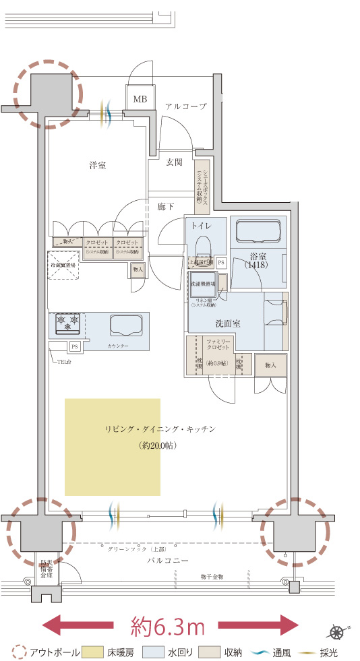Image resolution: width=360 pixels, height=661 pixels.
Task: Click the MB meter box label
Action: tap(140, 99)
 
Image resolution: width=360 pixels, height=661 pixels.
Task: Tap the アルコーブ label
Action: tap(185, 106)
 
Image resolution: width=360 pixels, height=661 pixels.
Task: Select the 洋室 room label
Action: tap(98, 165)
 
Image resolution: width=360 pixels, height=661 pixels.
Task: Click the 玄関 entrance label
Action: tap(175, 162)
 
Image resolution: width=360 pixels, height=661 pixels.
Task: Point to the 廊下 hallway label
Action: tap(166, 206)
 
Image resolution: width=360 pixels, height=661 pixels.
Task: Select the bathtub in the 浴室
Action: tap(258, 232)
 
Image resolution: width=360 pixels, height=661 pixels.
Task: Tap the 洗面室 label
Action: tap(228, 323)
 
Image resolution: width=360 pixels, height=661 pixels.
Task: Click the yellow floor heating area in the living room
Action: tap(112, 447)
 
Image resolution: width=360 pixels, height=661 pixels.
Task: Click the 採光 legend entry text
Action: tap(330, 652)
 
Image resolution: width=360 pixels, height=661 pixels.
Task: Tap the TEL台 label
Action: tap(65, 361)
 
